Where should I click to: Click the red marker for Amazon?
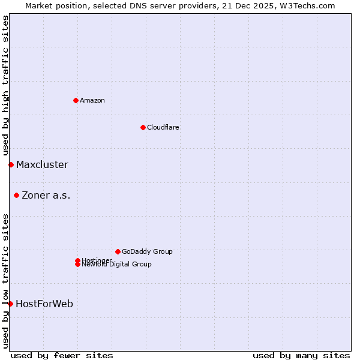click(76, 100)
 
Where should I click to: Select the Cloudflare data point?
click(143, 127)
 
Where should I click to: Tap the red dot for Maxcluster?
click(11, 164)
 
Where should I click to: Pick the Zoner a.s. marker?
click(16, 195)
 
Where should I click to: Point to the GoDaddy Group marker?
click(118, 251)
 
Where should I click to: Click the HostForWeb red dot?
click(10, 304)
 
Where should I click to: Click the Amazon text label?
click(92, 100)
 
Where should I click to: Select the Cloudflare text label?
click(163, 127)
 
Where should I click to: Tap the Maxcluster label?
click(42, 164)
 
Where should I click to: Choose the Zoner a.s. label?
click(46, 195)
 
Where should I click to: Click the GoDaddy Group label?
click(147, 251)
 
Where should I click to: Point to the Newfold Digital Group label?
click(117, 265)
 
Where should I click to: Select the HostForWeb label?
click(44, 304)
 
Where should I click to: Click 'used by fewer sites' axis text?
click(62, 355)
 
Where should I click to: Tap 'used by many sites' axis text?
click(301, 355)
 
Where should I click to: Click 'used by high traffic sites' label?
click(5, 85)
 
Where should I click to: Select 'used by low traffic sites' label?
click(5, 281)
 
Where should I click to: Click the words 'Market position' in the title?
click(53, 5)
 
